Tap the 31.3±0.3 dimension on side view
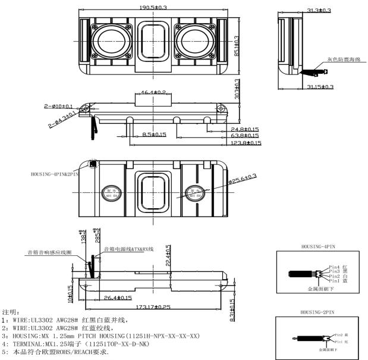[x=319, y=10]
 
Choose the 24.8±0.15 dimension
[x=246, y=129]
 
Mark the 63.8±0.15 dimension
[x=246, y=136]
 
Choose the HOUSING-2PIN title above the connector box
[x=320, y=311]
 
